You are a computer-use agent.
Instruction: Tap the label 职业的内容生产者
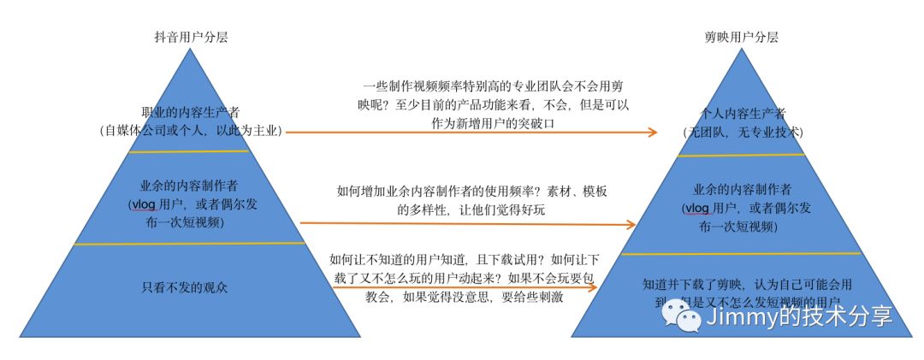(x=189, y=114)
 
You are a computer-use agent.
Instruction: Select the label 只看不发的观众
(x=185, y=287)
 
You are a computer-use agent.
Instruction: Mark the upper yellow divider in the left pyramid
(x=189, y=152)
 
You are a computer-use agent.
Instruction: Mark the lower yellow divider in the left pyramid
(x=189, y=245)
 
